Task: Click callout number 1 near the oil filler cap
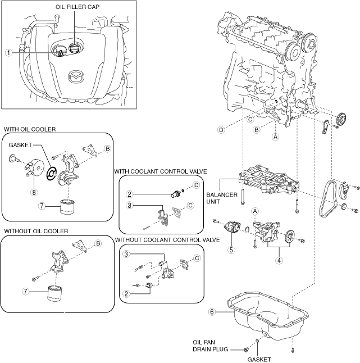point(8,52)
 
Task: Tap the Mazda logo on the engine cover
point(75,77)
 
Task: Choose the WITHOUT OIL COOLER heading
point(36,231)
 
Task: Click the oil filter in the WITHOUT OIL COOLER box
point(55,293)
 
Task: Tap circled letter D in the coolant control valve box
point(196,185)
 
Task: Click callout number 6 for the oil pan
point(212,311)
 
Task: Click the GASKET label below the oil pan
point(259,359)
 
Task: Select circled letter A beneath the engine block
point(275,136)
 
